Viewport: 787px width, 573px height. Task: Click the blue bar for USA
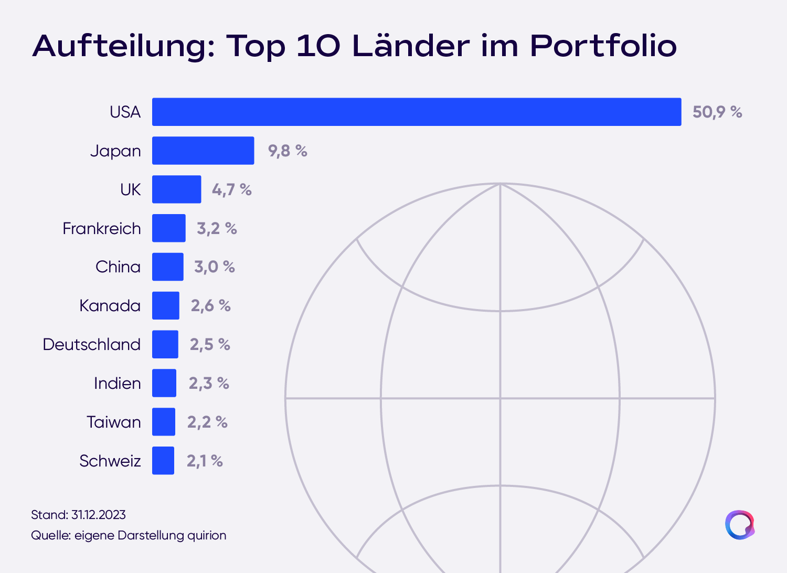pyautogui.click(x=417, y=112)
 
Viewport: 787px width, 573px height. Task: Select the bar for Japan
pyautogui.click(x=203, y=151)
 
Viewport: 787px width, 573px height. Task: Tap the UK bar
pyautogui.click(x=177, y=189)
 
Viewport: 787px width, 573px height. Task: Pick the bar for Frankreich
pyautogui.click(x=169, y=228)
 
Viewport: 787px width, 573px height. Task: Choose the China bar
pyautogui.click(x=168, y=267)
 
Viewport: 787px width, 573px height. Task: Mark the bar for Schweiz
pyautogui.click(x=163, y=461)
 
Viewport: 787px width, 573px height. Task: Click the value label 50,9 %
pyautogui.click(x=717, y=112)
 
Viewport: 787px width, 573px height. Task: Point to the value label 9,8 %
pyautogui.click(x=288, y=151)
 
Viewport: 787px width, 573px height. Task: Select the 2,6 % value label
pyautogui.click(x=211, y=305)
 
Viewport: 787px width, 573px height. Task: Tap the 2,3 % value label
pyautogui.click(x=209, y=383)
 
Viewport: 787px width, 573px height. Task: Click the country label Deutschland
pyautogui.click(x=92, y=344)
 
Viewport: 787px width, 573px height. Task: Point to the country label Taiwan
pyautogui.click(x=114, y=422)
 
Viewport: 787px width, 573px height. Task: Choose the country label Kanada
pyautogui.click(x=110, y=305)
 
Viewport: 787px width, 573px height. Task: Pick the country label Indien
pyautogui.click(x=118, y=383)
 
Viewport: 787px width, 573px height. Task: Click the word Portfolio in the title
pyautogui.click(x=603, y=46)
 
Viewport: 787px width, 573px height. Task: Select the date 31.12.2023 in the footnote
pyautogui.click(x=99, y=515)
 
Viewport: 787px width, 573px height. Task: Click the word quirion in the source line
pyautogui.click(x=207, y=536)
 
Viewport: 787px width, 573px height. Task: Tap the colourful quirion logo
pyautogui.click(x=740, y=525)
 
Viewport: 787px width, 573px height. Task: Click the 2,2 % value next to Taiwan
pyautogui.click(x=208, y=422)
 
